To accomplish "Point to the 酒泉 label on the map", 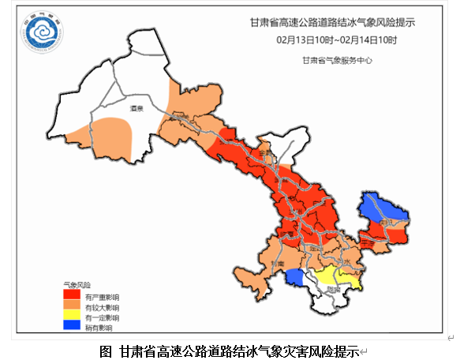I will tap(136, 108).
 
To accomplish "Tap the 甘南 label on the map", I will tap(276, 264).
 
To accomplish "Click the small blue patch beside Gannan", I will tap(294, 277).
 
